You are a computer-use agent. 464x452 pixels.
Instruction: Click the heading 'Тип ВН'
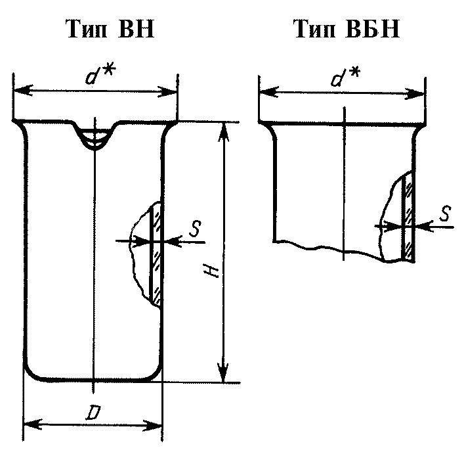111,29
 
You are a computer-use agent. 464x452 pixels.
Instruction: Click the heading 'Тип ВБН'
347,29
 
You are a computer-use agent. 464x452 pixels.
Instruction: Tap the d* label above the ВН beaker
100,75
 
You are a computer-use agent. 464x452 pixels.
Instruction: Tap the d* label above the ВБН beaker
345,76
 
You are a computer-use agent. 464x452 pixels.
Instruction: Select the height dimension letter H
212,271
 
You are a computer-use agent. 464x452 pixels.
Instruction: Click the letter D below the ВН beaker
93,413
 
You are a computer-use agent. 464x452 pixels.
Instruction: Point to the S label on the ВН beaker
195,229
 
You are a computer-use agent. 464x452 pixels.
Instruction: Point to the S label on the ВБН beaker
445,214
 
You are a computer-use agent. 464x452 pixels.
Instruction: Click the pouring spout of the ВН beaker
95,135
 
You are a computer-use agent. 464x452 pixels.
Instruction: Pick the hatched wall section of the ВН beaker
156,256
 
